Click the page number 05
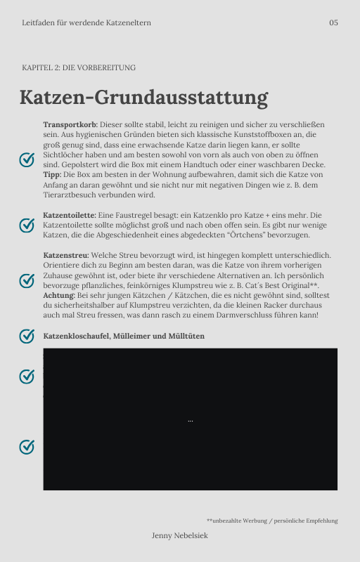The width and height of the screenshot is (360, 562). click(x=333, y=22)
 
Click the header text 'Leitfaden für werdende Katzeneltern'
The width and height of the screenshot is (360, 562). click(x=86, y=22)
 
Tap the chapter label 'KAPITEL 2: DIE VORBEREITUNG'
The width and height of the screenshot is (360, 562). click(x=79, y=68)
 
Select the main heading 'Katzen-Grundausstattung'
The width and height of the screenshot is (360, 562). click(x=143, y=97)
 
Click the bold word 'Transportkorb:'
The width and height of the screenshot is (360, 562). click(x=70, y=124)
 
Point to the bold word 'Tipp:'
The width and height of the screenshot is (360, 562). click(x=52, y=174)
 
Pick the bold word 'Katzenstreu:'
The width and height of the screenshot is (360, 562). click(x=65, y=255)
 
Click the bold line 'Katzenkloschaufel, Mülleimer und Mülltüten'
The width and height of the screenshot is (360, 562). click(x=124, y=336)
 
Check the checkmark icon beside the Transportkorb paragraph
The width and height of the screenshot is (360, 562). click(x=27, y=159)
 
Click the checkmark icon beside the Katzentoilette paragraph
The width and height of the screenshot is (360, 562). click(x=27, y=225)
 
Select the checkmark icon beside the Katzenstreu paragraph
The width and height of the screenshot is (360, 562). click(x=27, y=281)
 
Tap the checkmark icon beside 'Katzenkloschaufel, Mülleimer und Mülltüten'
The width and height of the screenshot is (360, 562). click(x=27, y=336)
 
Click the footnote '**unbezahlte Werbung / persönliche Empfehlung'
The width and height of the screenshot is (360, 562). click(x=272, y=521)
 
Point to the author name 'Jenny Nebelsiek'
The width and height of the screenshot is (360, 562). click(x=180, y=535)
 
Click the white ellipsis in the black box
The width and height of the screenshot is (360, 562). click(x=191, y=420)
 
